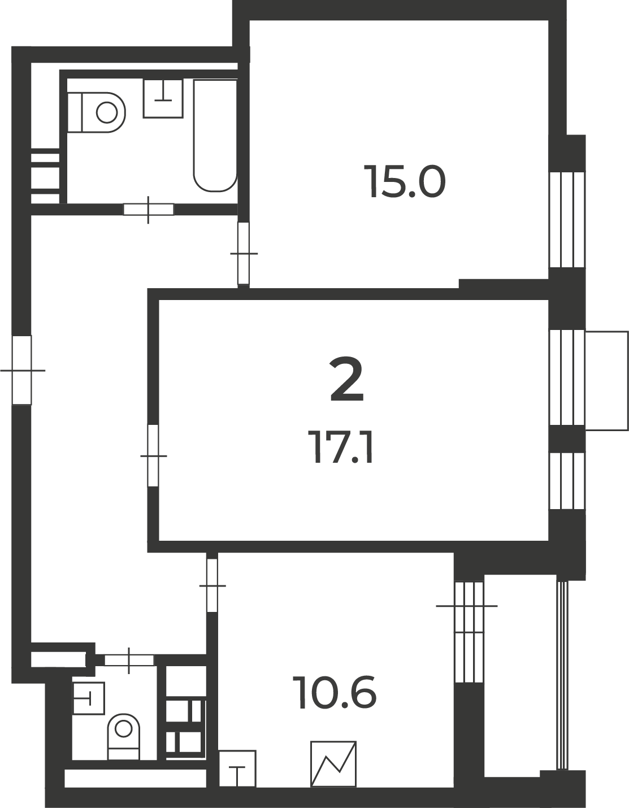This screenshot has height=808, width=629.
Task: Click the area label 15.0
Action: click(404, 181)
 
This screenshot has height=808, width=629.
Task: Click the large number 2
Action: click(346, 379)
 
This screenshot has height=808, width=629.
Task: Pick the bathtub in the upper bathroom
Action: click(215, 136)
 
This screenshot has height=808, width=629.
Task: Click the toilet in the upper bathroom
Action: click(96, 112)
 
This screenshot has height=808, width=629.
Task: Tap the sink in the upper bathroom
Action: click(163, 98)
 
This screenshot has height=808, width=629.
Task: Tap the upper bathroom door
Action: click(148, 210)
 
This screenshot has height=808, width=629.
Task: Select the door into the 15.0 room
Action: click(244, 253)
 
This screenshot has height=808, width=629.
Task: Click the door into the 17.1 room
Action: click(153, 455)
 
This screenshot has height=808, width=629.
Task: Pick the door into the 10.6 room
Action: click(212, 585)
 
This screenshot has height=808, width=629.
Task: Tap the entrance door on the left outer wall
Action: click(22, 370)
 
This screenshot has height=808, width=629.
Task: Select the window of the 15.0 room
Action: click(567, 219)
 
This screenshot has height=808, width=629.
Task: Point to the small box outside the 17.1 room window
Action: click(607, 380)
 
